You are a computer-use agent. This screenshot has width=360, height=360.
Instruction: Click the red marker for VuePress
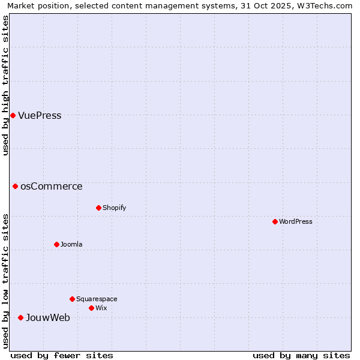tap(13, 115)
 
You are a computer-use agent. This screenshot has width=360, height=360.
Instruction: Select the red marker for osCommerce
tap(15, 186)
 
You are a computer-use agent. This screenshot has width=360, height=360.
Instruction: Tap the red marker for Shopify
tap(98, 208)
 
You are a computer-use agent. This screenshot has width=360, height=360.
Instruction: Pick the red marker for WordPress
tap(275, 221)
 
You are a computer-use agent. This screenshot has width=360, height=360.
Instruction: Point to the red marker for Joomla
tap(56, 244)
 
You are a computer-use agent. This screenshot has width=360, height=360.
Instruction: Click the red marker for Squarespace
tap(72, 299)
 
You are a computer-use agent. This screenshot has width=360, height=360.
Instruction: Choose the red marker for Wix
tap(91, 308)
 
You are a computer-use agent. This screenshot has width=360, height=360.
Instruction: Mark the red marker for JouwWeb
tap(20, 317)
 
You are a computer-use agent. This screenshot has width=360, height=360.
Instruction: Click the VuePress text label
tap(40, 116)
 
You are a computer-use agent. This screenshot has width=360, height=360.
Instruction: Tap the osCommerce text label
tap(51, 187)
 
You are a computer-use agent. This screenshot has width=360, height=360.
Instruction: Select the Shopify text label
tap(114, 208)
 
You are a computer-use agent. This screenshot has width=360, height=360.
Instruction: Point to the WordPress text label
tap(295, 222)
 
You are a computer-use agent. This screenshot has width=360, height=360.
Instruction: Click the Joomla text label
tap(71, 245)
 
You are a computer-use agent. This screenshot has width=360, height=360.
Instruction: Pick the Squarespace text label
tap(97, 299)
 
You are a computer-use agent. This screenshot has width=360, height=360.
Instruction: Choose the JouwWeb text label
tap(47, 318)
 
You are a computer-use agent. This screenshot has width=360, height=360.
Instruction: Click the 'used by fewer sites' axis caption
tap(62, 355)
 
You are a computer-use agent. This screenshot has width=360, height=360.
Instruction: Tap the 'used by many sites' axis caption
tap(301, 355)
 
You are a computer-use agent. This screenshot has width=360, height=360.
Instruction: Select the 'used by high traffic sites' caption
tap(6, 85)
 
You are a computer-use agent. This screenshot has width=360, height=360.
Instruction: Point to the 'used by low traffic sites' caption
tap(6, 281)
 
